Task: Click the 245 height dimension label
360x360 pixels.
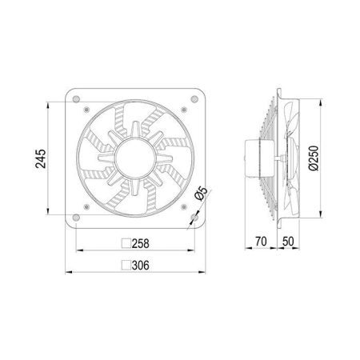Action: click(x=41, y=158)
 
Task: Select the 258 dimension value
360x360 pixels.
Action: click(x=141, y=243)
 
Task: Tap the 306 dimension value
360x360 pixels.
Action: click(x=141, y=266)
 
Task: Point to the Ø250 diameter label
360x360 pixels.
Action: click(x=314, y=158)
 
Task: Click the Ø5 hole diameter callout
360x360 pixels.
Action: click(x=201, y=194)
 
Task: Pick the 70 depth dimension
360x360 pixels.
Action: click(x=261, y=242)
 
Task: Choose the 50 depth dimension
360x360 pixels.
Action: click(x=288, y=242)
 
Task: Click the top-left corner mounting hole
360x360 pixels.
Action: click(x=76, y=99)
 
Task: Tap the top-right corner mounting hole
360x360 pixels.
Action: click(x=194, y=99)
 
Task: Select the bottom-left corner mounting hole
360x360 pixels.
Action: click(x=76, y=218)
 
